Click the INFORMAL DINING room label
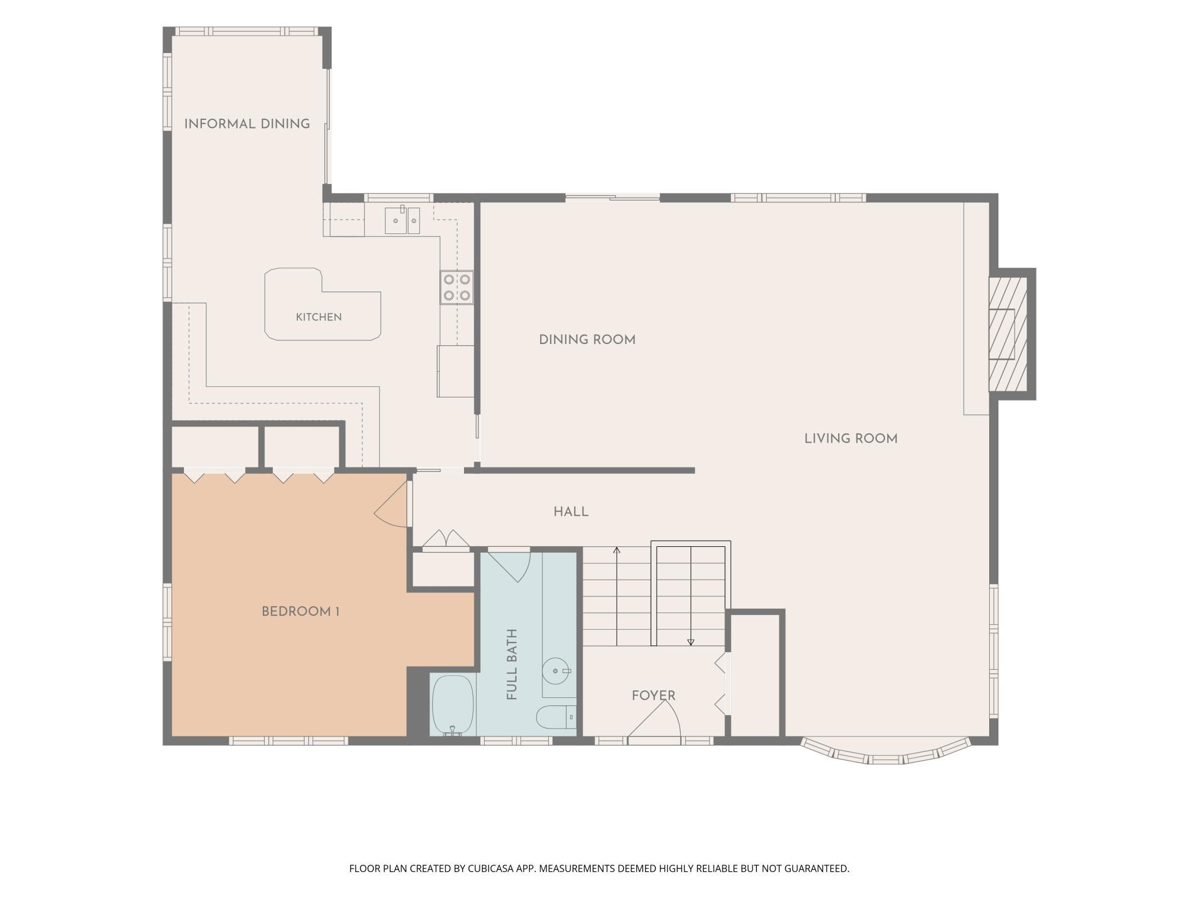click(x=247, y=124)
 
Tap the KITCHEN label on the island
click(x=319, y=317)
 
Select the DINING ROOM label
click(x=587, y=340)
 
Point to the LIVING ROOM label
click(x=851, y=439)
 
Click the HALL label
click(x=571, y=512)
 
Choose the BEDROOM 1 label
click(x=300, y=611)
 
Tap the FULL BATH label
click(x=512, y=664)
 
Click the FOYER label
click(x=653, y=696)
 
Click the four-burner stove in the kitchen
click(x=457, y=288)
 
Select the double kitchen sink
click(x=402, y=220)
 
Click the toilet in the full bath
click(x=556, y=717)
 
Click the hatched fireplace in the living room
click(x=1008, y=334)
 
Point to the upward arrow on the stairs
click(x=617, y=596)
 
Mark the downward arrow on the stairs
click(x=691, y=596)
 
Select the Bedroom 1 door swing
click(x=392, y=504)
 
